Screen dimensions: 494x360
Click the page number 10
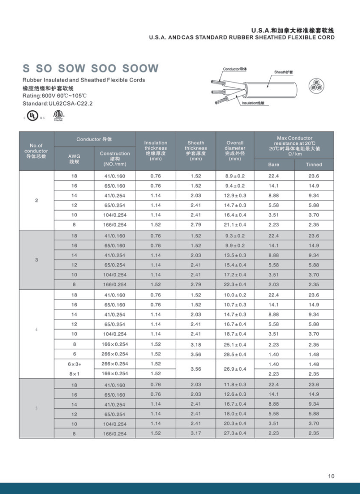[331, 476]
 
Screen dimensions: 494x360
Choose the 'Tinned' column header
[314, 165]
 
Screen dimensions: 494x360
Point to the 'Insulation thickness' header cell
[156, 151]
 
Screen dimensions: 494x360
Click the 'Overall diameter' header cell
[235, 151]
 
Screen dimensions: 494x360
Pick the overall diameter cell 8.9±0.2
[235, 176]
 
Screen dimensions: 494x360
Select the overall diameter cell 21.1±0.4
[235, 225]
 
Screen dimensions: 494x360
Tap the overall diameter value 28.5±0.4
[235, 354]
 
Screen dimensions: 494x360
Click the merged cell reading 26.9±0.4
[235, 369]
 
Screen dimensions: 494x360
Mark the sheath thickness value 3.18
[196, 344]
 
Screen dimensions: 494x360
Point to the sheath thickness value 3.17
[196, 434]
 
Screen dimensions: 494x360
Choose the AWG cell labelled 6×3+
[74, 364]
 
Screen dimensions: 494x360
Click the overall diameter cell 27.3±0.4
[235, 434]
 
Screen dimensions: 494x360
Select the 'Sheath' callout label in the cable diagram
[284, 72]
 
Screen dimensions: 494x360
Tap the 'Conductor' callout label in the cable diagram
[235, 69]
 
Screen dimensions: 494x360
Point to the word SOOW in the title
[140, 69]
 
